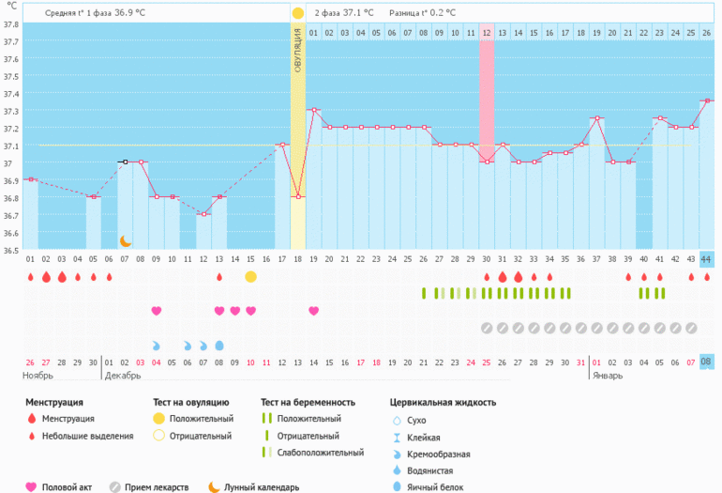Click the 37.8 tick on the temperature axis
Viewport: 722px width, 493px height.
10,24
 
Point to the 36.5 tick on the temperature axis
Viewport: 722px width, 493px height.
10,250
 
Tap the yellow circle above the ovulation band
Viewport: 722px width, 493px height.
297,13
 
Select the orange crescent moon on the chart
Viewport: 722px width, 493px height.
125,241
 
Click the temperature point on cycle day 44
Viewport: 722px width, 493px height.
706,100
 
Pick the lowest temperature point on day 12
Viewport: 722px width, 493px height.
203,214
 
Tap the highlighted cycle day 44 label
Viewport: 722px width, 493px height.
706,259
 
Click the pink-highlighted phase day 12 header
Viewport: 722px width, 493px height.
487,33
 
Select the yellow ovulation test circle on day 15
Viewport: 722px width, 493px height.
250,277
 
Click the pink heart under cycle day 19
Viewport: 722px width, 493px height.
313,311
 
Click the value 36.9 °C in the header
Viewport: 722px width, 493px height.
129,13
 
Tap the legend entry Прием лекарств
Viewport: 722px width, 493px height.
156,487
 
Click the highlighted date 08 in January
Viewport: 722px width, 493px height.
706,362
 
